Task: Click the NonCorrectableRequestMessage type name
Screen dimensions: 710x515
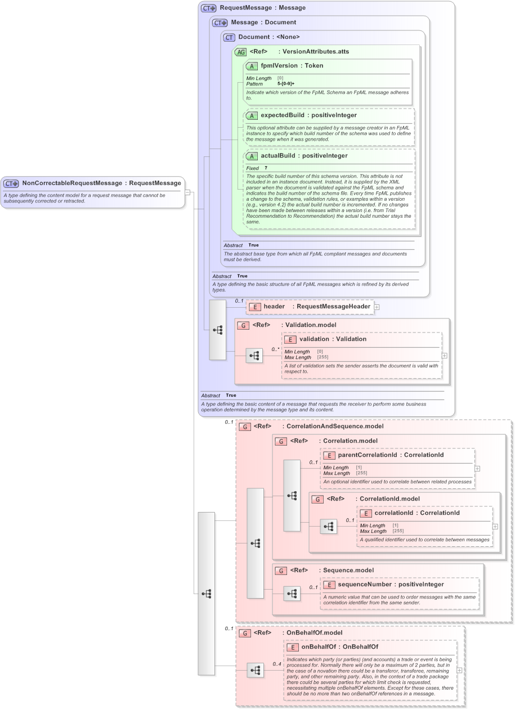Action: point(71,183)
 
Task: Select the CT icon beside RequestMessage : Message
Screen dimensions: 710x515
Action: point(208,8)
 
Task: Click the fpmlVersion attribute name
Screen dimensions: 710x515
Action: point(280,66)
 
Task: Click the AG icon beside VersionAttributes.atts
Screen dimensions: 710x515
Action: point(240,52)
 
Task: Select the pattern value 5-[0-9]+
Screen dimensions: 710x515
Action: point(285,84)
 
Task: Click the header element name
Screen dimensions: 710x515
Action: point(274,307)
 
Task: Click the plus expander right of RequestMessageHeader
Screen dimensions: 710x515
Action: point(377,307)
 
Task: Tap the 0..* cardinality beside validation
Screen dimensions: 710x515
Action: point(275,349)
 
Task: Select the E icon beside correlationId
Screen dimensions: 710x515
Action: point(366,513)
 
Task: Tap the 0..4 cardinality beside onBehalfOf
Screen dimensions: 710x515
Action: point(277,664)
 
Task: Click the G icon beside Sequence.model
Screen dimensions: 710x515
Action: point(281,570)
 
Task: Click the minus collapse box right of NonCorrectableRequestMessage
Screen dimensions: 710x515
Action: point(187,192)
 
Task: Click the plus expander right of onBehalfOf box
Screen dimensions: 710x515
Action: point(459,670)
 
